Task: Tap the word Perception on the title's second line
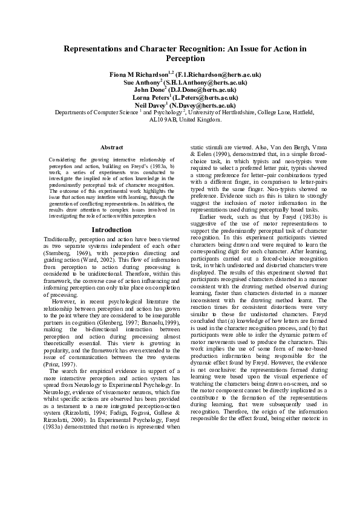180,59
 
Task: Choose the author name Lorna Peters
152,97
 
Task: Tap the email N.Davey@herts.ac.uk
195,105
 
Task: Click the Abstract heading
111,148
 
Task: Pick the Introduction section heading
111,230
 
